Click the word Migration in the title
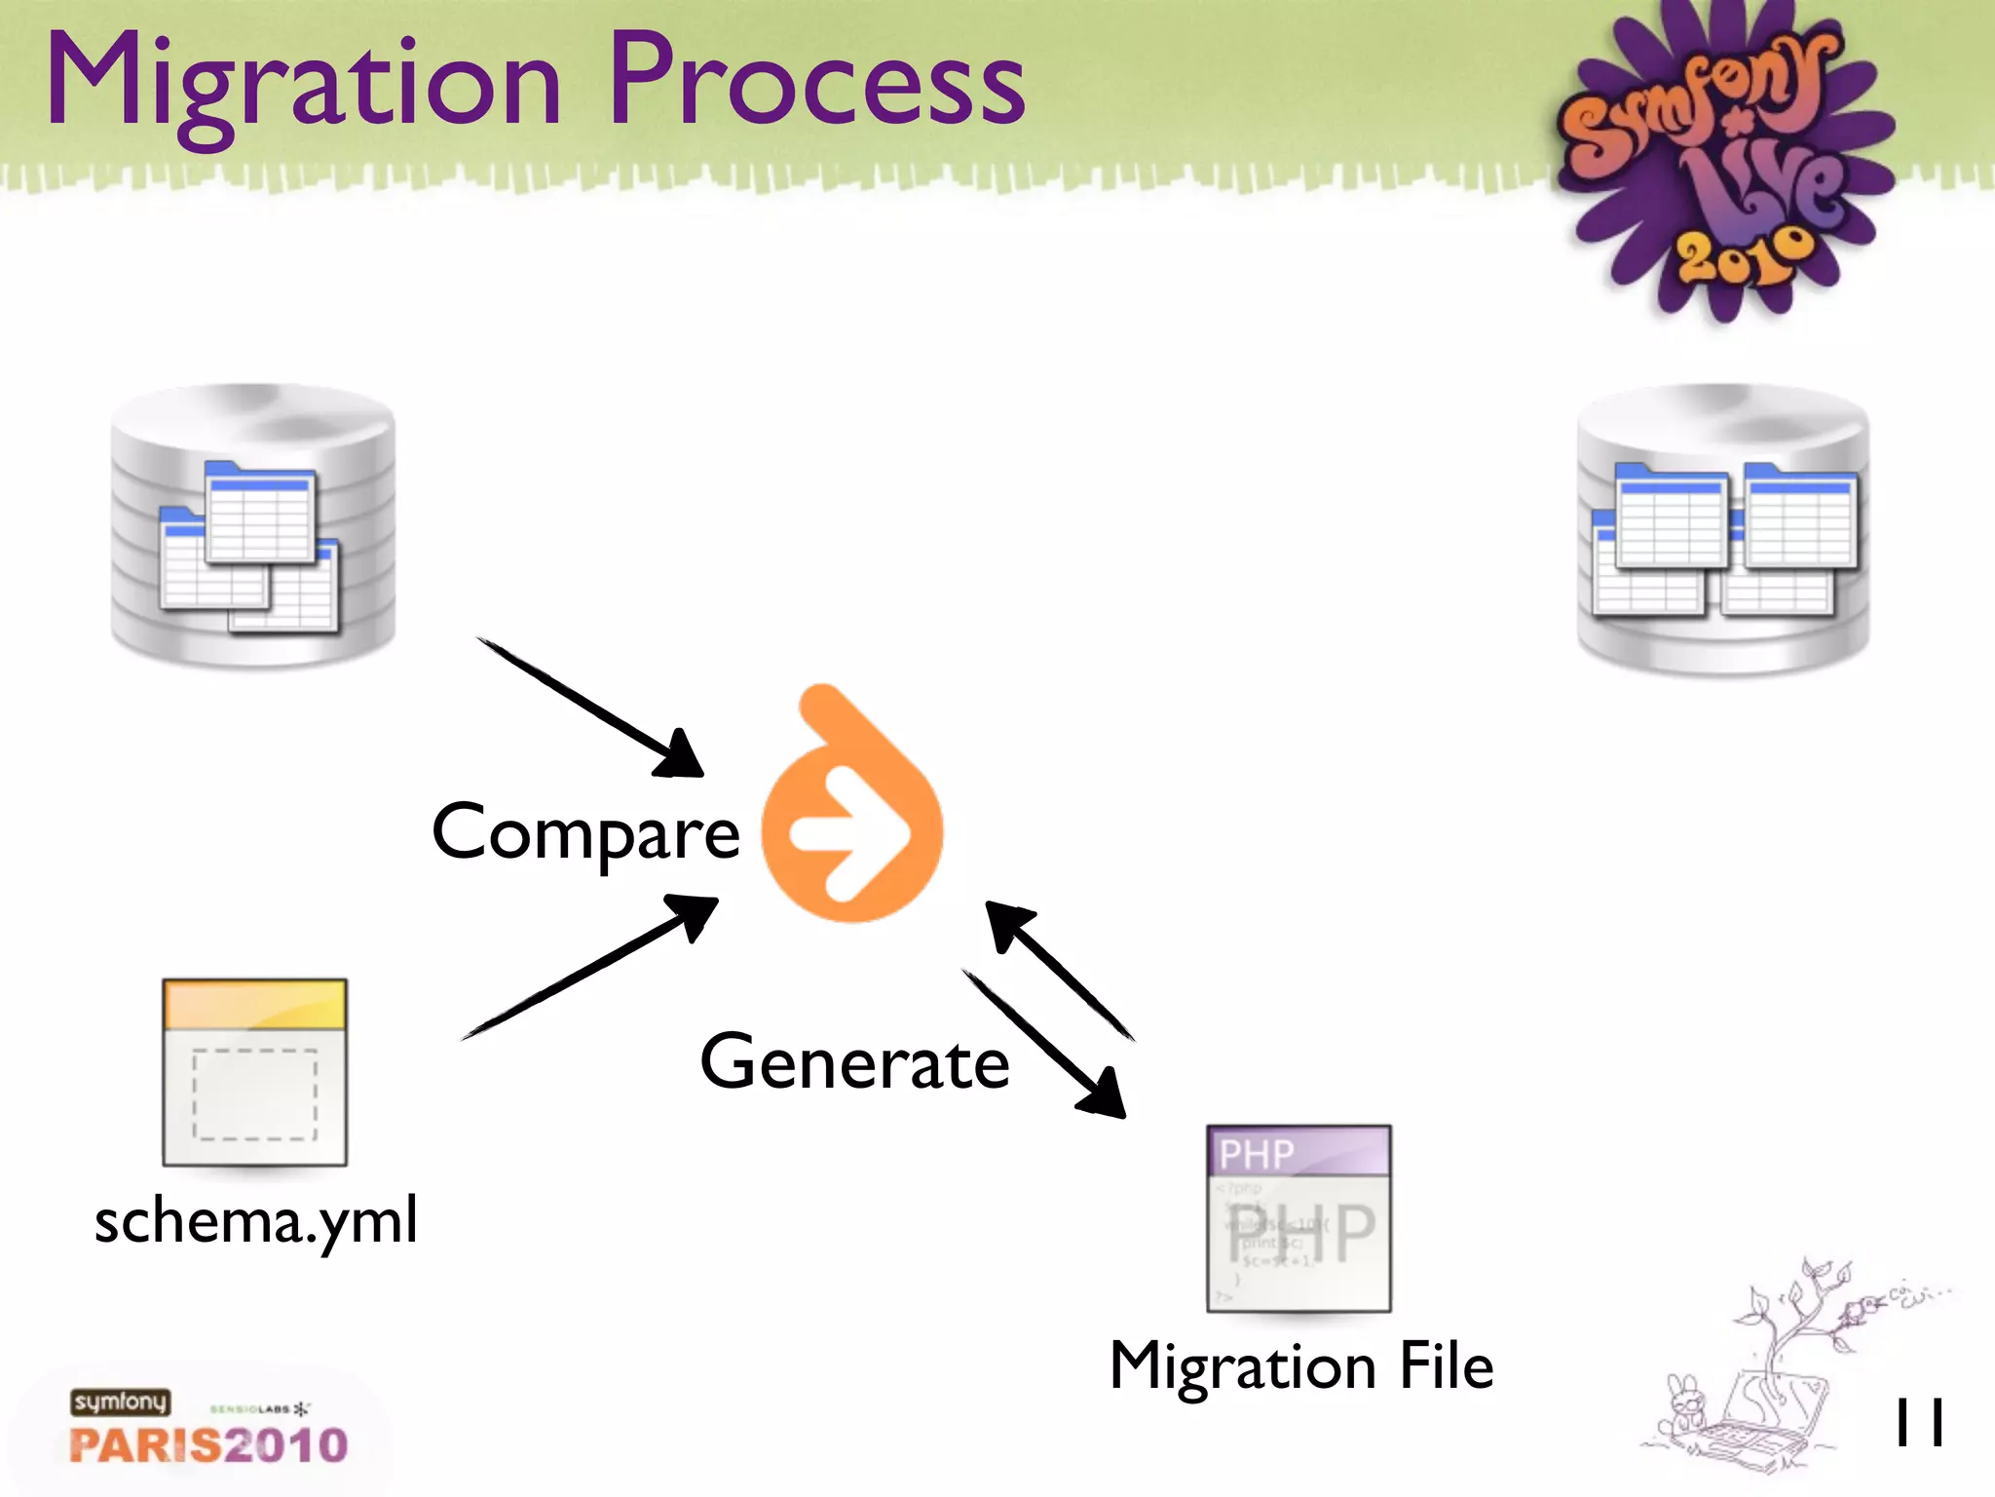coord(304,83)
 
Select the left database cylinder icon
coord(253,526)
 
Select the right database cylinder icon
coord(1722,531)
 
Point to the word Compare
coord(585,834)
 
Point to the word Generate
coord(854,1062)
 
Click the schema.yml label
coord(256,1220)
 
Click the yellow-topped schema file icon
coord(255,1072)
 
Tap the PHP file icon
coord(1299,1218)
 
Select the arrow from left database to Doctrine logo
coord(589,707)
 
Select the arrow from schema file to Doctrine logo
coord(589,968)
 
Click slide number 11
coord(1918,1424)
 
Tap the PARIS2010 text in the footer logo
coord(208,1445)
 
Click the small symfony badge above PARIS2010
coord(120,1401)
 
